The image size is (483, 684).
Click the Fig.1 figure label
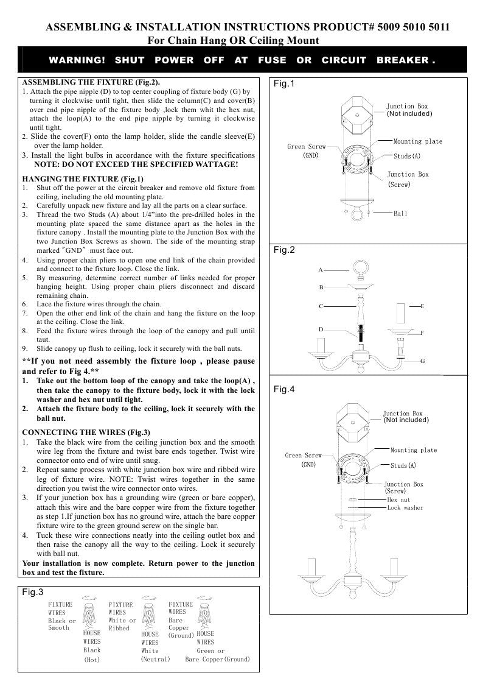(x=284, y=83)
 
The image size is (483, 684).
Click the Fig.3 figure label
(x=32, y=592)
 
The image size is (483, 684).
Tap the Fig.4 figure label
(x=284, y=389)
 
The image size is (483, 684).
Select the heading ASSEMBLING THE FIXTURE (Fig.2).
(x=92, y=82)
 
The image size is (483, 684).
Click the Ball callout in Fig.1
(x=400, y=214)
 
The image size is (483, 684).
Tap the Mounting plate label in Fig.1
(x=418, y=141)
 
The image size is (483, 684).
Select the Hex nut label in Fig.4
(x=398, y=499)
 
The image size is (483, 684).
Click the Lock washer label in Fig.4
(x=405, y=507)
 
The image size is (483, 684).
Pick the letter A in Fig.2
(x=321, y=269)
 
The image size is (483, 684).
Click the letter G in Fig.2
(x=422, y=361)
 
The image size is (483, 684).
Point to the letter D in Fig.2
(x=321, y=330)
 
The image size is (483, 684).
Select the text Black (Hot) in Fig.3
(x=92, y=655)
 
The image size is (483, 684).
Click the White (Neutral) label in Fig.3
(x=155, y=655)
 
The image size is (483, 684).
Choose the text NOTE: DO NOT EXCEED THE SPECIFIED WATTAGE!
(x=136, y=165)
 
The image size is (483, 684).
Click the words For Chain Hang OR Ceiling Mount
(x=234, y=40)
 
